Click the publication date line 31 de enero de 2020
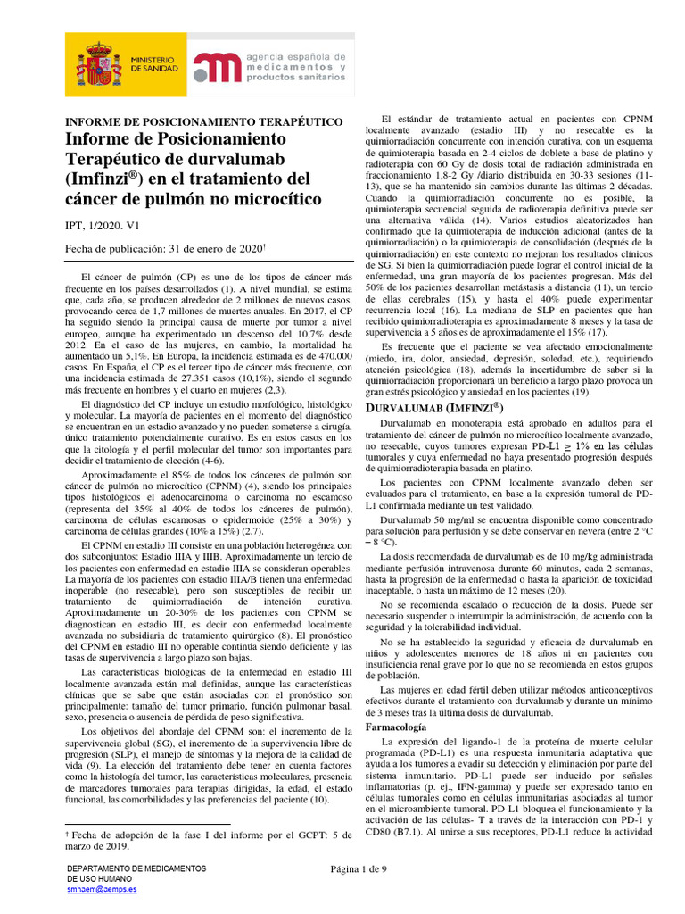click(166, 248)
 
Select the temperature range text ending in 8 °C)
click(382, 542)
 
